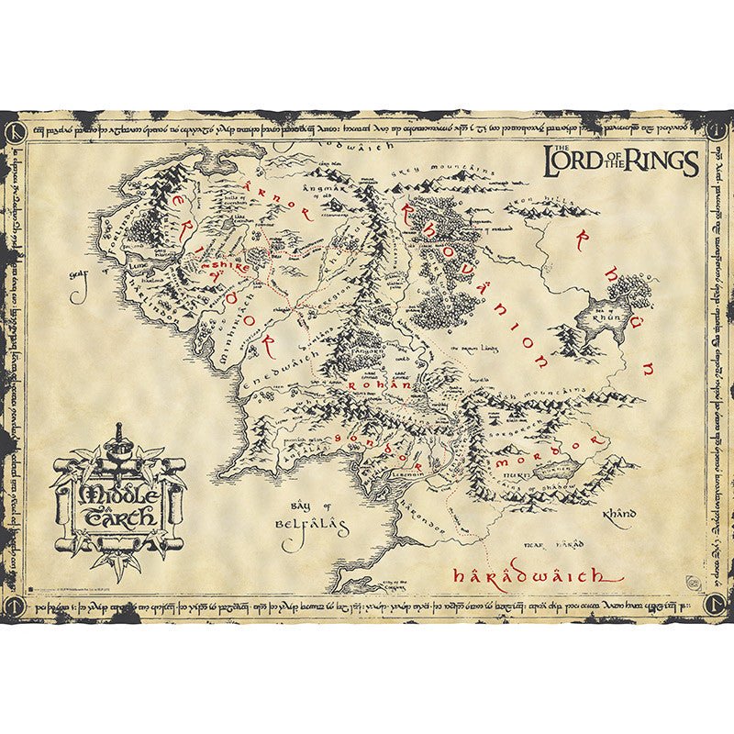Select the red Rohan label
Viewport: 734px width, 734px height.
378,387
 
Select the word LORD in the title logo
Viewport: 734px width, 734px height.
576,161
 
